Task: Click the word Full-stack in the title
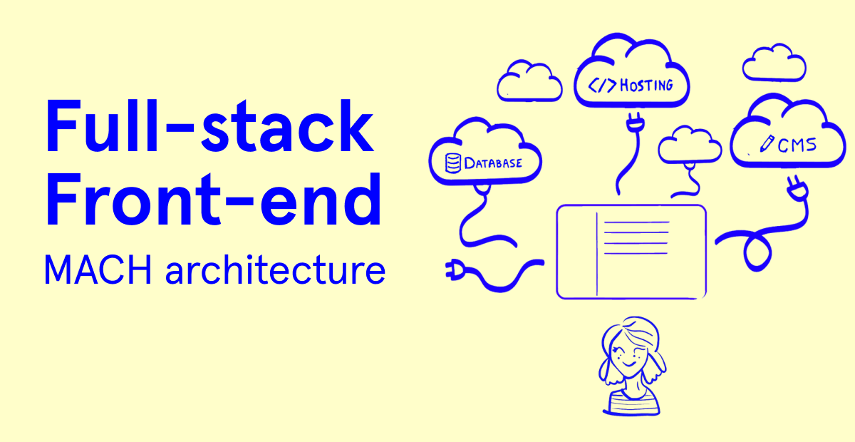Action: click(x=209, y=128)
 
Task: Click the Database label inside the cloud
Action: click(x=493, y=163)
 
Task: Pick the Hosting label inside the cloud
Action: click(x=646, y=86)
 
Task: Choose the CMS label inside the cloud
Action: click(x=797, y=146)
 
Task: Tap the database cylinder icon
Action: click(x=452, y=163)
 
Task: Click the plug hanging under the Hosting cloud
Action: click(x=631, y=124)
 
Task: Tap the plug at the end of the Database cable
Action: click(x=455, y=269)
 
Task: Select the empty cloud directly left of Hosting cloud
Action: click(x=529, y=81)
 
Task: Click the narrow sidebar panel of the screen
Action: click(x=577, y=251)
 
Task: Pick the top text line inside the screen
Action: click(x=636, y=222)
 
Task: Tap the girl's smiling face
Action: click(x=626, y=354)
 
